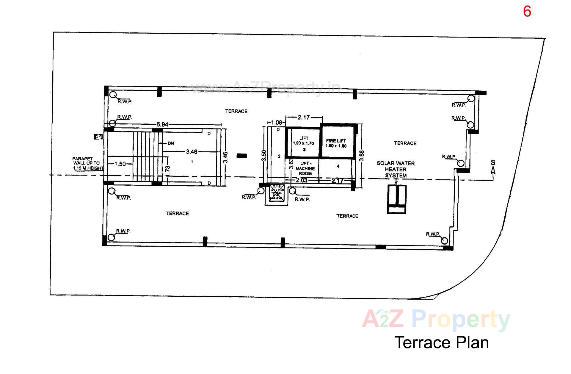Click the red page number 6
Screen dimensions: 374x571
click(527, 12)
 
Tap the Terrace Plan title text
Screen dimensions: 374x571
click(441, 342)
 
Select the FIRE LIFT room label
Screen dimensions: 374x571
click(336, 143)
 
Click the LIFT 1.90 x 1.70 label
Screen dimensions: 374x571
click(304, 141)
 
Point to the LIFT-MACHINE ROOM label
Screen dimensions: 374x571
click(305, 168)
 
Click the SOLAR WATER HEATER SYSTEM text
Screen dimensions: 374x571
click(396, 169)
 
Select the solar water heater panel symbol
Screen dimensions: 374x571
click(396, 199)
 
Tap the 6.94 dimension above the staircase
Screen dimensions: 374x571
click(162, 124)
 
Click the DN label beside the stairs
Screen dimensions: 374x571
click(171, 143)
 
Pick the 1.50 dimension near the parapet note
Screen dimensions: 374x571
click(120, 164)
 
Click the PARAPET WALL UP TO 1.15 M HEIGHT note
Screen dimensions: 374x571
click(87, 163)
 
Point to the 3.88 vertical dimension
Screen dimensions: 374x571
click(362, 156)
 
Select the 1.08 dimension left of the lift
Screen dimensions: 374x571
click(277, 122)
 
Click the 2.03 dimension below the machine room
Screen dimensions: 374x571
click(302, 180)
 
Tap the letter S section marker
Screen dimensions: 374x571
click(493, 163)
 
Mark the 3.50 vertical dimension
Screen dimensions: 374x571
click(264, 156)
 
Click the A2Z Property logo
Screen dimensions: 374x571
click(436, 320)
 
